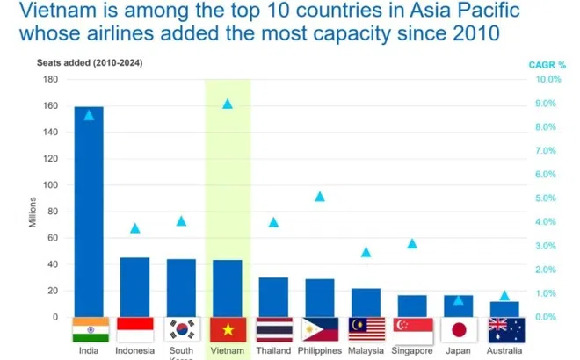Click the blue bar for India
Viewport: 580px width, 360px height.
(x=89, y=211)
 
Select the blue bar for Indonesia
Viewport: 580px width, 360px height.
(x=134, y=286)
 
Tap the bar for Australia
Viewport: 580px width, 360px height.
(x=504, y=309)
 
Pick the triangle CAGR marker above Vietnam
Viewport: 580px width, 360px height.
(x=228, y=104)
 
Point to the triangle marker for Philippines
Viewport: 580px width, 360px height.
(x=320, y=197)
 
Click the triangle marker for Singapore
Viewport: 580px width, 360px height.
(x=412, y=243)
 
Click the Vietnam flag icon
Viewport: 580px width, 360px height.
(x=228, y=329)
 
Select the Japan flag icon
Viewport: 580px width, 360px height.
(x=458, y=329)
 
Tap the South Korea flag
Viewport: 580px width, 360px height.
(x=181, y=329)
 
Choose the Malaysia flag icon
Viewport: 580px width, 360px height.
(x=366, y=329)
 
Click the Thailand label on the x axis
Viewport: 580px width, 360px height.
(x=273, y=351)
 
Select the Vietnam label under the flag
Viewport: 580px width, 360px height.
(x=228, y=351)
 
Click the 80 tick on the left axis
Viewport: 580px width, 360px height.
(x=52, y=212)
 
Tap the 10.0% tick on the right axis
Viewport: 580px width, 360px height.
(x=548, y=80)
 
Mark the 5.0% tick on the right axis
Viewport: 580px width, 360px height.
(x=550, y=198)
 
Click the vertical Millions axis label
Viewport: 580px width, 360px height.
(x=33, y=211)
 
